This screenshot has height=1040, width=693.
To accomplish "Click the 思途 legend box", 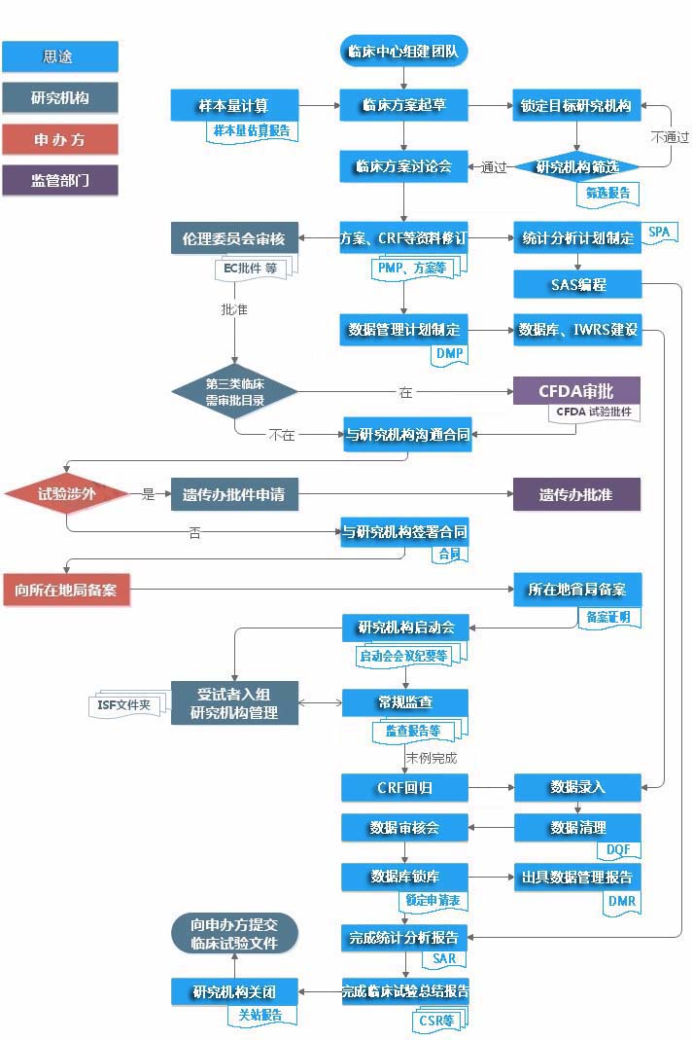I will point(59,56).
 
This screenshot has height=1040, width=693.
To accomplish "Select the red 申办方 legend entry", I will point(59,139).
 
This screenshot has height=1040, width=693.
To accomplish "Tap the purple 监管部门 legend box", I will point(59,180).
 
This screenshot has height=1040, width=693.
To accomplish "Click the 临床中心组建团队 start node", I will point(404,52).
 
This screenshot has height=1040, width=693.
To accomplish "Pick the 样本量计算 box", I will point(233,104).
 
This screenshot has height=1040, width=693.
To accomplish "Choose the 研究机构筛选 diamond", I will point(577,166).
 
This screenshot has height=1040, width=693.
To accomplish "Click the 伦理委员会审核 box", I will point(233,237).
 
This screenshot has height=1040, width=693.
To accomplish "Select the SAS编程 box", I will point(577,284).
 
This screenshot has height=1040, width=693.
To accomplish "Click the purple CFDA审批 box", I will point(577,391).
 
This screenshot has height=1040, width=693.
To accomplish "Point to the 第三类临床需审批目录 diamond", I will point(234,392).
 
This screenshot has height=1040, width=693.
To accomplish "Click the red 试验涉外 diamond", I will point(66,494).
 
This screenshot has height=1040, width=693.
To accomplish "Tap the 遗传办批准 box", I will point(577,494).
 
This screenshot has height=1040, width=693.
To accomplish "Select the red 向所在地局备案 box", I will point(66,590).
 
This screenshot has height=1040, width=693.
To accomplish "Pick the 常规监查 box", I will point(404,702).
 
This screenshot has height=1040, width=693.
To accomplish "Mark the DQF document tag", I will point(618,849).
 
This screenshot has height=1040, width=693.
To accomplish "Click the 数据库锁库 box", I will point(404,877).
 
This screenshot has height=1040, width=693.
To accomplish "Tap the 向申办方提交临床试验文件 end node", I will point(234,934).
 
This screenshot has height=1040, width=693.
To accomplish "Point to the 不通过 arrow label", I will point(670,137).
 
